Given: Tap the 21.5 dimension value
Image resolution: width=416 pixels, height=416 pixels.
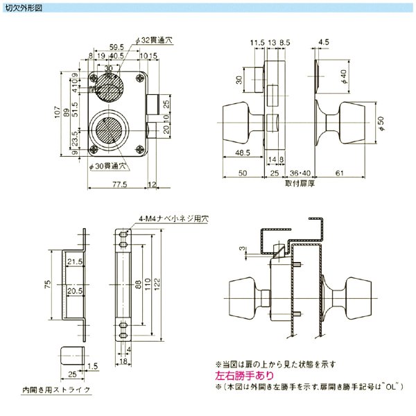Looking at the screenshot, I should [x=75, y=261].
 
